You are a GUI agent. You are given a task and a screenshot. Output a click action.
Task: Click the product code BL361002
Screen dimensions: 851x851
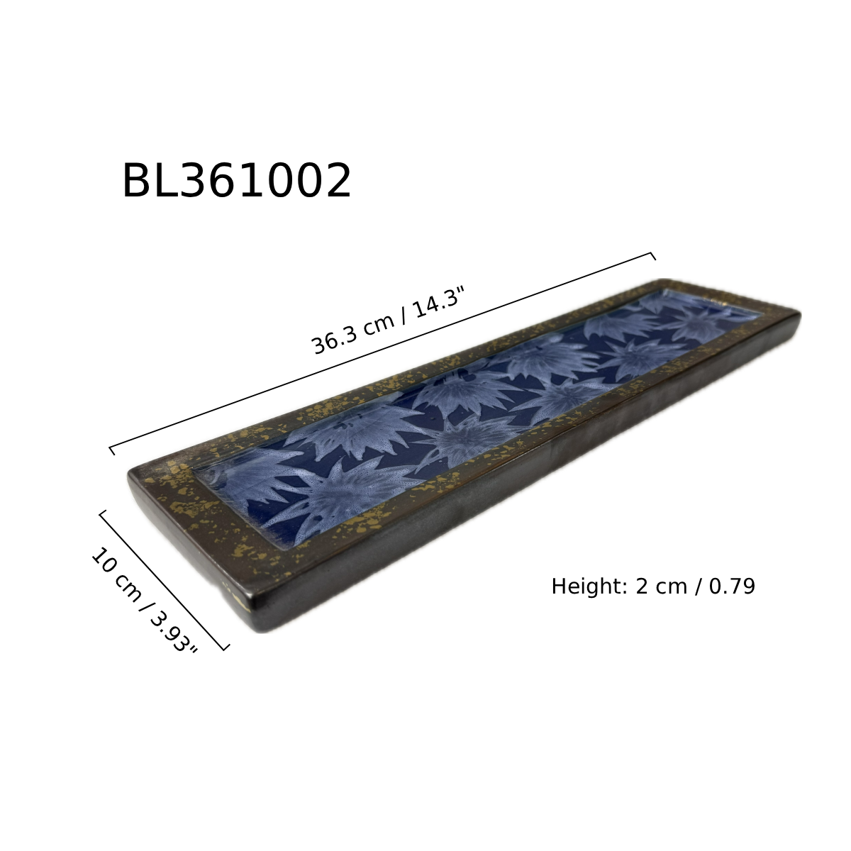pos(237,180)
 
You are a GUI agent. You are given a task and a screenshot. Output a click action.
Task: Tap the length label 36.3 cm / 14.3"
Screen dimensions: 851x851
pos(389,320)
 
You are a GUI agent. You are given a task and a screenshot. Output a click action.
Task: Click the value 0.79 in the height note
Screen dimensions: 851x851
pos(732,586)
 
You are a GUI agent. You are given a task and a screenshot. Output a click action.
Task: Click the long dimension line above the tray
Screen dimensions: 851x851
pos(382,352)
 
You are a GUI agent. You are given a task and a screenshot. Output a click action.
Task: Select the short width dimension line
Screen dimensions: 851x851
pos(163,582)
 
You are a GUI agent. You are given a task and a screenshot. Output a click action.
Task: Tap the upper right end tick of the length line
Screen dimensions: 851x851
pos(653,256)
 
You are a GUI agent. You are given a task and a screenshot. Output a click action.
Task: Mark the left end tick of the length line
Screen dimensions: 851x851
pos(112,450)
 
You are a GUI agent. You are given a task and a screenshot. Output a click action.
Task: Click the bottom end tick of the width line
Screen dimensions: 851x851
pos(226,648)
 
